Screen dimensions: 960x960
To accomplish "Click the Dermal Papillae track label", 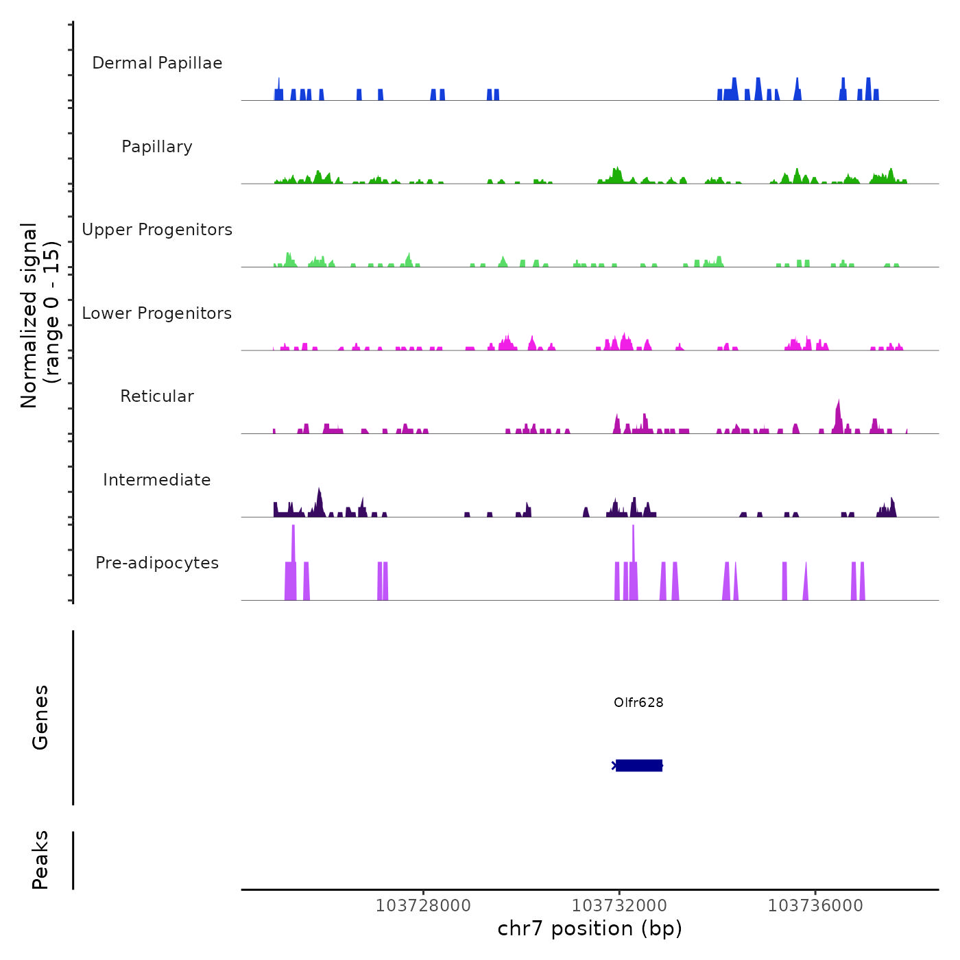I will pos(157,63).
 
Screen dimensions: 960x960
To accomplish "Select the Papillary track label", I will pos(157,147).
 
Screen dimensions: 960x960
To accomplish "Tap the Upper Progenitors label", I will pos(157,230).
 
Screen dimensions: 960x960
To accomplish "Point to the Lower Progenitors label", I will pos(157,313).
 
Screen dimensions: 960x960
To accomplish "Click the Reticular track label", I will pos(157,396).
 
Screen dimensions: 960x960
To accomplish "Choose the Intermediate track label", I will pos(157,480).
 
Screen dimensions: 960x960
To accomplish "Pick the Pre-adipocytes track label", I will pos(157,563).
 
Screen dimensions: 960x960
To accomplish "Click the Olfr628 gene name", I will pos(638,703).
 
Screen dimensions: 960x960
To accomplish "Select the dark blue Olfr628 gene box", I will pos(639,765).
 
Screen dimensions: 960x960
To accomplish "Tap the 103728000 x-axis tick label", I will pos(423,906).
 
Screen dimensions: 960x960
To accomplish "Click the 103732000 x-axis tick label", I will pos(619,906).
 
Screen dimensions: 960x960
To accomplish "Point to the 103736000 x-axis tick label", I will pos(815,906).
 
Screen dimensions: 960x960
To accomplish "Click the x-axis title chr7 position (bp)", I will pos(590,928).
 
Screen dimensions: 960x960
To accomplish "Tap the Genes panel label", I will pos(40,717).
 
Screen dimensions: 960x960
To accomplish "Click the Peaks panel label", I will pos(40,860).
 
